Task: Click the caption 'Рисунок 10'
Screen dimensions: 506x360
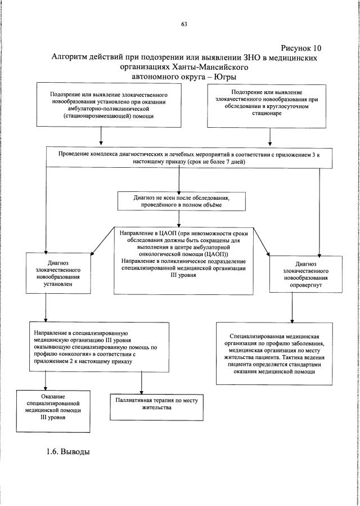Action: click(x=301, y=47)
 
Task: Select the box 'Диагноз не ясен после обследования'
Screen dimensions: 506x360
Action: click(x=181, y=201)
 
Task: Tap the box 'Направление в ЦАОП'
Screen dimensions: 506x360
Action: click(x=181, y=260)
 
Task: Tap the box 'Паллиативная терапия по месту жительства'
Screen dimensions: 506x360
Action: click(x=157, y=406)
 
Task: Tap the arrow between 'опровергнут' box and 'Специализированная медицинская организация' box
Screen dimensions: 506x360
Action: click(x=291, y=307)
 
